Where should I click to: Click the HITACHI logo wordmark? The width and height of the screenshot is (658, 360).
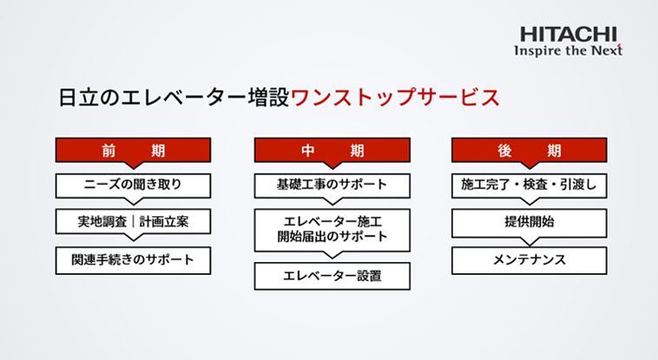(569, 35)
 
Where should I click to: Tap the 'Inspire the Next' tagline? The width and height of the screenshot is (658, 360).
(569, 51)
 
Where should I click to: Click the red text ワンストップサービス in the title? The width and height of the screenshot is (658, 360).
(395, 97)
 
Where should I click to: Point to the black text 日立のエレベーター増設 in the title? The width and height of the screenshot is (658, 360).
(174, 97)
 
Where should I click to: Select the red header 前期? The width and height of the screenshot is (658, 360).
(133, 150)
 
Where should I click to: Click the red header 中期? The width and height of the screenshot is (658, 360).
(332, 150)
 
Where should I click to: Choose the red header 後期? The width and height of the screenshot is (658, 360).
(530, 150)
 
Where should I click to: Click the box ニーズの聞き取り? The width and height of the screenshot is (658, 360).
(133, 186)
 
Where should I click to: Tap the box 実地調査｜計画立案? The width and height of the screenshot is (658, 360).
(133, 221)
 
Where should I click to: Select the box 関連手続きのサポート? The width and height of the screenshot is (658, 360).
(133, 260)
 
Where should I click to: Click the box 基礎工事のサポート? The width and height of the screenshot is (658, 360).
(332, 186)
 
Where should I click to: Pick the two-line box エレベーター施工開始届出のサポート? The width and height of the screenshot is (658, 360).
(332, 231)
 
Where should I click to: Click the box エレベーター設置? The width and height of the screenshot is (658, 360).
(332, 276)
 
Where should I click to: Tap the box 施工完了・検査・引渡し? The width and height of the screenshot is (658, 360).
(530, 186)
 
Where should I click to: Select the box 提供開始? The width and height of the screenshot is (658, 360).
(530, 224)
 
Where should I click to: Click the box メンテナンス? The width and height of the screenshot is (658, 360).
(530, 260)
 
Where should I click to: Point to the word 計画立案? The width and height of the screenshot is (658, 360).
(164, 221)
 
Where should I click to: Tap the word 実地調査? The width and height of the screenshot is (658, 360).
(102, 221)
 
